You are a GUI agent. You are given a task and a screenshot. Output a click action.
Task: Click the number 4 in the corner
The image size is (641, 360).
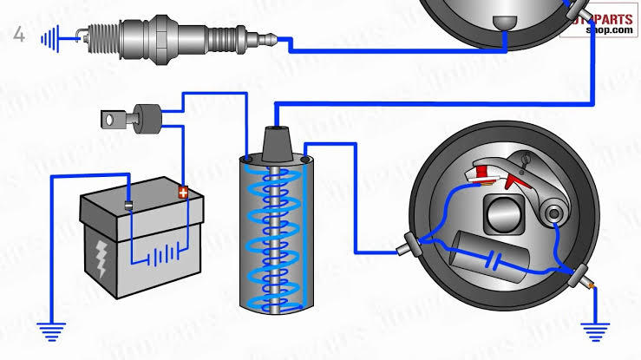pos(19,36)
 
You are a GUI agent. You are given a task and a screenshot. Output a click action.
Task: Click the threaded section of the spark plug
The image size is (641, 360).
pos(101,36)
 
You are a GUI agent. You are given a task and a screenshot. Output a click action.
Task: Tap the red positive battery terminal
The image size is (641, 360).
pos(183,193)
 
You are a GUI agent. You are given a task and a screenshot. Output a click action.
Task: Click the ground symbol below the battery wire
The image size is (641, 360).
pos(51,330)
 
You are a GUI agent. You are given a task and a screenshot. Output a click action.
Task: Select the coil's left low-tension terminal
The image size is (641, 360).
pos(248,160)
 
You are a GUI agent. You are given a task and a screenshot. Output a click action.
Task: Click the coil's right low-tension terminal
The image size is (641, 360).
pos(306,160)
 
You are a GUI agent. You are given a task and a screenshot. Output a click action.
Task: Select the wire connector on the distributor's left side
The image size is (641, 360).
pos(406,248)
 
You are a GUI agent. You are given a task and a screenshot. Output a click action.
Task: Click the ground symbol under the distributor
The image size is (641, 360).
pos(595,331)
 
